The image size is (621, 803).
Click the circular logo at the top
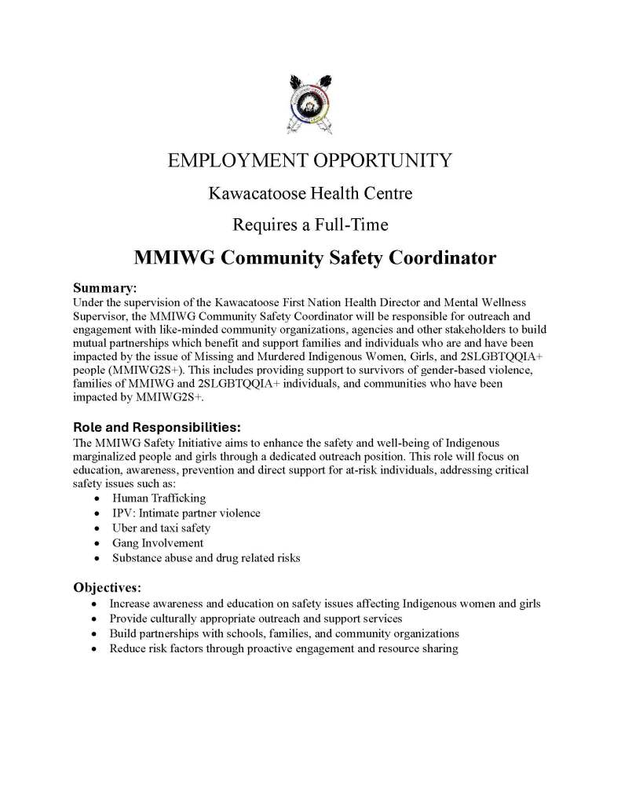coord(310,101)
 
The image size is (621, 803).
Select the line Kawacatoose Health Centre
coord(310,192)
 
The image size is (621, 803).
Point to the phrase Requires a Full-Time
coord(310,224)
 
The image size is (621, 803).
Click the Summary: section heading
coord(105,288)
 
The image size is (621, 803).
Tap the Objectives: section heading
coord(109,587)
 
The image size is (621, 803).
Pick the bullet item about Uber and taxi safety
coord(161,528)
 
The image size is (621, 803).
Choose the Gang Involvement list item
coord(158,543)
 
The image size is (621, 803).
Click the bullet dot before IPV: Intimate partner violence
coord(96,513)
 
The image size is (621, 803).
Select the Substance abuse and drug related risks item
coord(206,558)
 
